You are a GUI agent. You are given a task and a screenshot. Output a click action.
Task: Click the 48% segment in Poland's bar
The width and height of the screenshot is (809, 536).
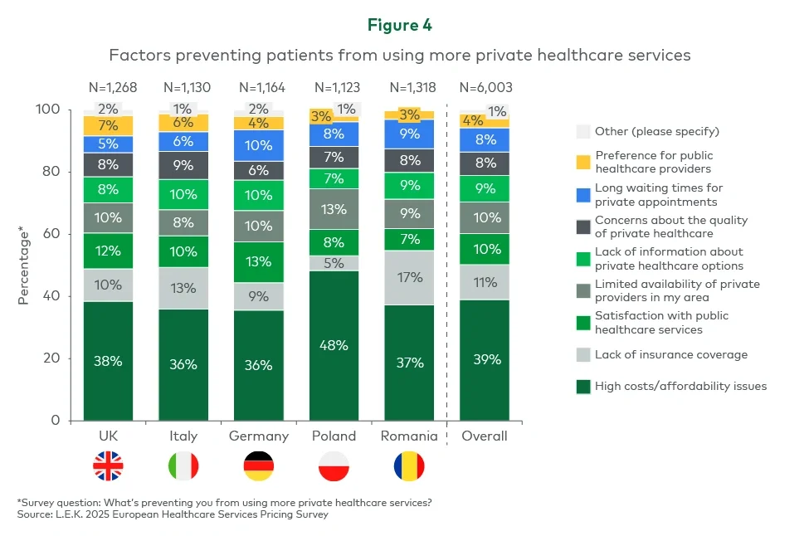click(x=334, y=345)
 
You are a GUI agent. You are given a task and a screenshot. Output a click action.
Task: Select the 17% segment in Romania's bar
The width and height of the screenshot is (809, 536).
click(x=409, y=278)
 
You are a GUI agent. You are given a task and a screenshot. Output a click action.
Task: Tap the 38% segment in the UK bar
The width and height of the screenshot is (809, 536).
click(x=108, y=361)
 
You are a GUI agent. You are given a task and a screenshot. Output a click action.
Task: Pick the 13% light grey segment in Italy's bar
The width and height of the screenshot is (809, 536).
click(x=183, y=289)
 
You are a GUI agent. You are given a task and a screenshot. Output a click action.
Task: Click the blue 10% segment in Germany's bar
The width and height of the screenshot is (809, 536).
click(x=258, y=145)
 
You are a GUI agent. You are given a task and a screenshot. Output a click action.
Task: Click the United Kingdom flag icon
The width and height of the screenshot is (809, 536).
click(x=108, y=467)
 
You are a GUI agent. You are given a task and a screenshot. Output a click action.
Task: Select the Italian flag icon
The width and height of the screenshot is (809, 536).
click(x=183, y=467)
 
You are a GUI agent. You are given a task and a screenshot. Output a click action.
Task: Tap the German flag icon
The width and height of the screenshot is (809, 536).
click(x=258, y=467)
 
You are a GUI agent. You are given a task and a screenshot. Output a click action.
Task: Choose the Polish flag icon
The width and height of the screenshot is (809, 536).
click(x=334, y=467)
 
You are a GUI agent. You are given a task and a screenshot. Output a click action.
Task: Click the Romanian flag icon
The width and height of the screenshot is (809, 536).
click(x=409, y=467)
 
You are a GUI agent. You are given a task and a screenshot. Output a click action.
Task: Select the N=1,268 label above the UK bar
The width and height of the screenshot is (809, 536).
click(x=108, y=87)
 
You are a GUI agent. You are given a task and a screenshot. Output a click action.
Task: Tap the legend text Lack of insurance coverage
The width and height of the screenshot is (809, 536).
click(x=671, y=354)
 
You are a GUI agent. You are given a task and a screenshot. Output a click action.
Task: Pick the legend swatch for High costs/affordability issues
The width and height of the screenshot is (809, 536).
click(x=583, y=386)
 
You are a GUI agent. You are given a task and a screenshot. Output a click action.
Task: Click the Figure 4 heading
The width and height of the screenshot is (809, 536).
click(x=400, y=26)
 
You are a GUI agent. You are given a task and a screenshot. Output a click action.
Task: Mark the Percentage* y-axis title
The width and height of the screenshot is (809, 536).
click(x=24, y=265)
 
